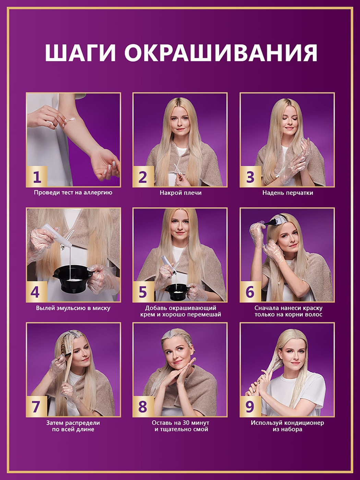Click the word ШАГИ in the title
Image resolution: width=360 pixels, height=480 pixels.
coord(80,53)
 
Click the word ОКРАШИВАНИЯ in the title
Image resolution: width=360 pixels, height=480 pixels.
coord(221,53)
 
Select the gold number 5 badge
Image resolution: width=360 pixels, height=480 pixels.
coord(143,292)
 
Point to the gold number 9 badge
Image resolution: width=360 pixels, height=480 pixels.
coord(250,407)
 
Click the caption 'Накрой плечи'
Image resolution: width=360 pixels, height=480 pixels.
coord(181,193)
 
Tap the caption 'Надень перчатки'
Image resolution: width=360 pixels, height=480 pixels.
coord(288,193)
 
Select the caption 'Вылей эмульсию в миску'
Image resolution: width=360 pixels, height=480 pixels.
coord(73,308)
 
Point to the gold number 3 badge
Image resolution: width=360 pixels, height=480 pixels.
coord(250,177)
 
